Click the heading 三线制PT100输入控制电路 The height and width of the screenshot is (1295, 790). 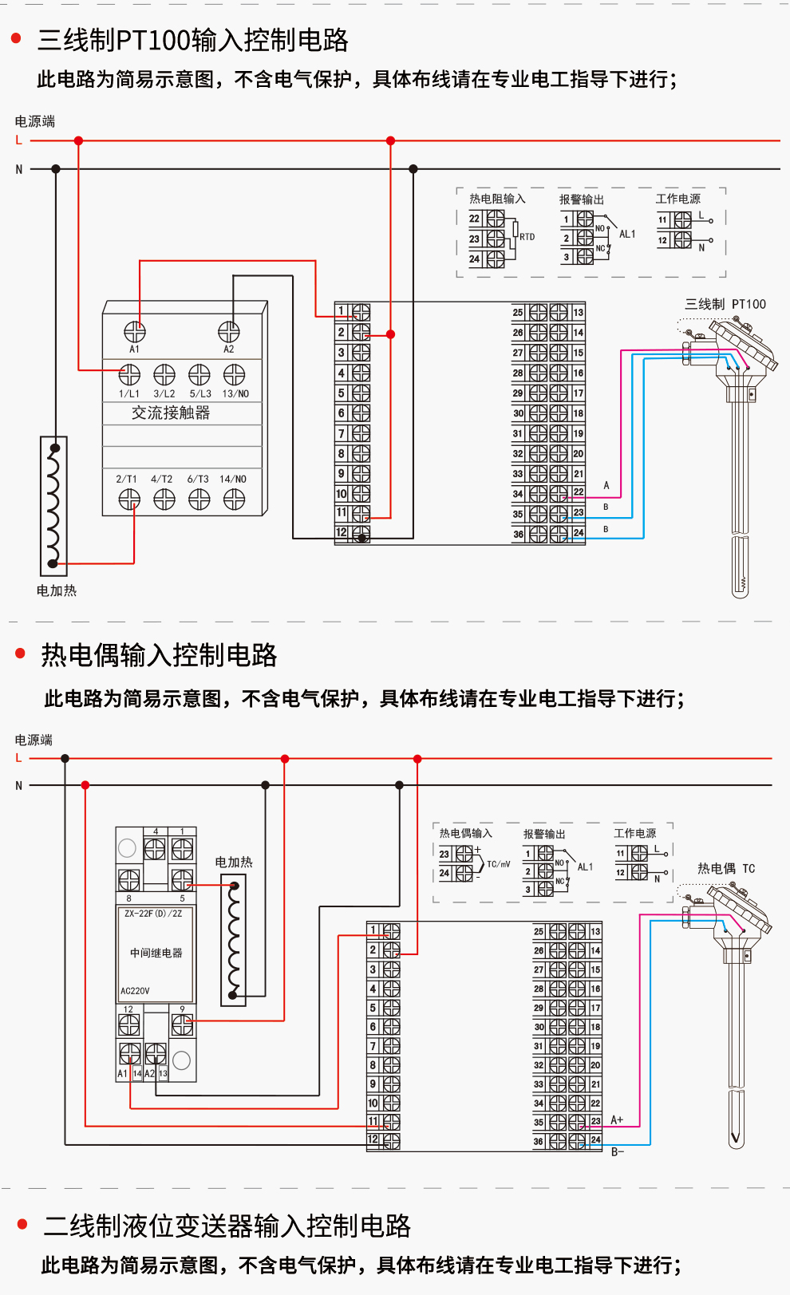pos(192,40)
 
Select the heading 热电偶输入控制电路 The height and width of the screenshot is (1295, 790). pos(159,655)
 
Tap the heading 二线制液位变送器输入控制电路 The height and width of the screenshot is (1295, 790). pos(227,1226)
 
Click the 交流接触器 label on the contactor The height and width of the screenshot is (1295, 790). pos(171,413)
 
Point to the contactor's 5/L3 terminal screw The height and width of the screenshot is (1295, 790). pos(199,374)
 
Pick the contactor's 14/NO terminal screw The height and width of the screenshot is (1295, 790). pos(234,499)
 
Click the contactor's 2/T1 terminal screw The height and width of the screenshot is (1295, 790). pos(129,499)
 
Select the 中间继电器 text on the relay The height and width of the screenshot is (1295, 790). pos(156,953)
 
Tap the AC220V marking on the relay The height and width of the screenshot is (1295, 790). pos(135,991)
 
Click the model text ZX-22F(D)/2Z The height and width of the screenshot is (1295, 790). pos(153,914)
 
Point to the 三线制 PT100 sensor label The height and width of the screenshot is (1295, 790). pos(725,304)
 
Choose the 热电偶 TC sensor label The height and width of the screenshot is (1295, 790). pos(725,869)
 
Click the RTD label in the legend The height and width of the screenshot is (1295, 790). pos(527,237)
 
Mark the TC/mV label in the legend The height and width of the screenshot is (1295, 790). pos(498,864)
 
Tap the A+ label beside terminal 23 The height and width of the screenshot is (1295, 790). pos(616,1120)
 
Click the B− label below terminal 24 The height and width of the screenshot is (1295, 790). pos(617,1152)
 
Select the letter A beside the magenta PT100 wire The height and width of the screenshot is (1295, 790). pos(606,485)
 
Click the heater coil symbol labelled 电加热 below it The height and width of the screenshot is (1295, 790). pos(53,506)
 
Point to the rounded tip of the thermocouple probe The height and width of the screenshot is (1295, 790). pos(737,1141)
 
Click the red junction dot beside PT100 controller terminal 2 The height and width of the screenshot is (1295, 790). pos(390,334)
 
